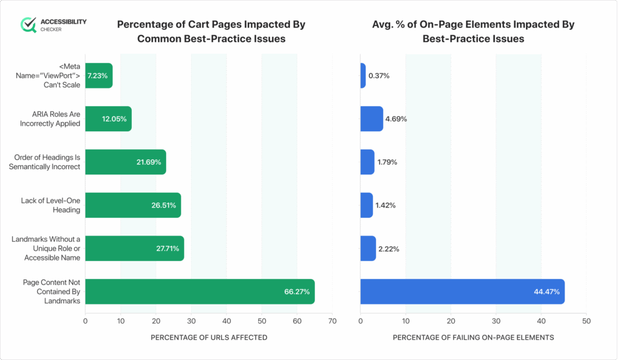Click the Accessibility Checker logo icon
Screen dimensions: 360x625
(28, 24)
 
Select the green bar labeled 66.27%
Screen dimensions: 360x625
(200, 292)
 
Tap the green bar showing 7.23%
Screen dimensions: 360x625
(98, 76)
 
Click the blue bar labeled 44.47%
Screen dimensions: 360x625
(462, 292)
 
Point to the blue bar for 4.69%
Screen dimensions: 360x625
(371, 119)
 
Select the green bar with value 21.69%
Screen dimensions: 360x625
(125, 162)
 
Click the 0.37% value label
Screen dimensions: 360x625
(378, 76)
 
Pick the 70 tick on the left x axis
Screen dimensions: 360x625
(332, 320)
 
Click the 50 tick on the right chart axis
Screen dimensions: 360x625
(586, 320)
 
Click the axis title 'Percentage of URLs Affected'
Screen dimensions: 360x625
(209, 337)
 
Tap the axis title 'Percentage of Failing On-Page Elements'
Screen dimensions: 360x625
(473, 337)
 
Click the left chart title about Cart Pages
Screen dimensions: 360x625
(211, 32)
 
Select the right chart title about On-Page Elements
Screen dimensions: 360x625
(473, 32)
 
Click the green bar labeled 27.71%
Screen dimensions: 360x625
(134, 248)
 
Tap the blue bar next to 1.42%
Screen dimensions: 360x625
(366, 205)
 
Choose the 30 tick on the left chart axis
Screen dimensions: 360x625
(191, 320)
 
